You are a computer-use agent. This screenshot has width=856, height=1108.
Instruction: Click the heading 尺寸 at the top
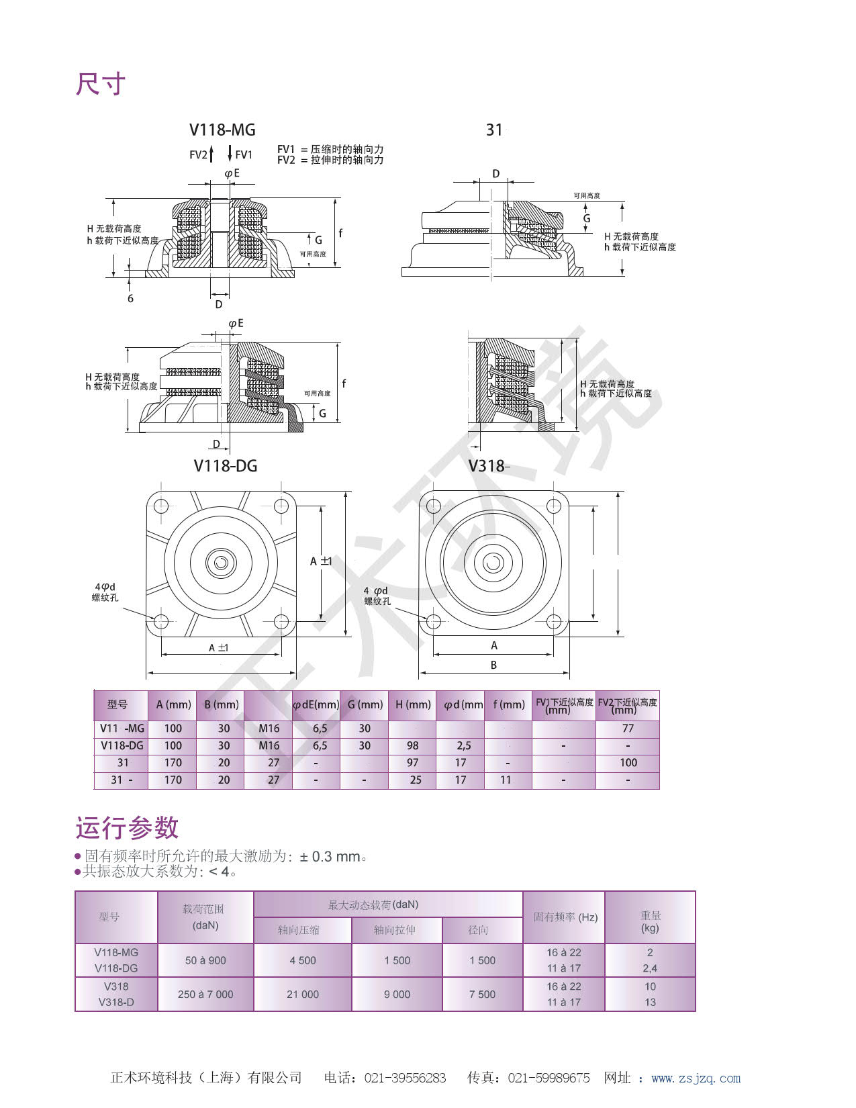coord(101,85)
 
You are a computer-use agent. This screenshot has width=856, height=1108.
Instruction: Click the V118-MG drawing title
coord(222,130)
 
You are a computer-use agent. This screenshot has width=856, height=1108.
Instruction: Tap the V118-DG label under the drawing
coord(226,465)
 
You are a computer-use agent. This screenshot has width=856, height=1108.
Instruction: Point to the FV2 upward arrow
coord(211,154)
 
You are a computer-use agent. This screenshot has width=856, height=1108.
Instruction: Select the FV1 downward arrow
coord(230,154)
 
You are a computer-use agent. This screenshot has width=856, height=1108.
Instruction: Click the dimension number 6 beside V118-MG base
coord(130,298)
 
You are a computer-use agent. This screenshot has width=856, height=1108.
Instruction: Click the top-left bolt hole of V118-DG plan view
coord(160,506)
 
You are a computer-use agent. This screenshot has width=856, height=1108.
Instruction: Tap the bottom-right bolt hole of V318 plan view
coord(554,620)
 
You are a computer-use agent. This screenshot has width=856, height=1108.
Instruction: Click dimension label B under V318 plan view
coord(493,665)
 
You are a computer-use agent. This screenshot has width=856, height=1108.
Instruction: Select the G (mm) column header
coord(365,704)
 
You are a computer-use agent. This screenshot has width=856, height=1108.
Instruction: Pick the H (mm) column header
coord(413,704)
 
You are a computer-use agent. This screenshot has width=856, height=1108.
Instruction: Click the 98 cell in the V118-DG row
coord(412,745)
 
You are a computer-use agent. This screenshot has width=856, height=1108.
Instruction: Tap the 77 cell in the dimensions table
coord(628,728)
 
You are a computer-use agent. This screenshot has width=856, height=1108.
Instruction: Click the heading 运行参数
coord(127,827)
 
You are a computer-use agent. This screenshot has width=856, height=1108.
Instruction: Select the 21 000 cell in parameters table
coord(303,994)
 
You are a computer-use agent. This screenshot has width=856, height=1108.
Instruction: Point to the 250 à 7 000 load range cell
coord(205,994)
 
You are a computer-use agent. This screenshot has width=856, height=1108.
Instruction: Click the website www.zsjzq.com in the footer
coord(696,1078)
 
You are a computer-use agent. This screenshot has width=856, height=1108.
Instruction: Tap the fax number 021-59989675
coord(549,1078)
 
